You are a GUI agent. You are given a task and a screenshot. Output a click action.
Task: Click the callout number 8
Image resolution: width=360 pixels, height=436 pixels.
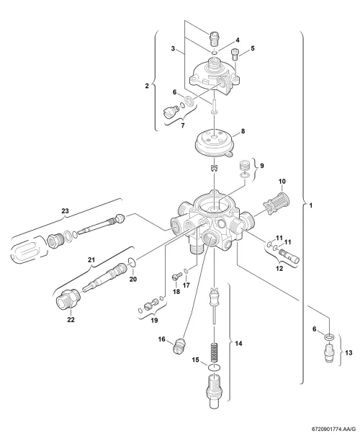coord(243,131)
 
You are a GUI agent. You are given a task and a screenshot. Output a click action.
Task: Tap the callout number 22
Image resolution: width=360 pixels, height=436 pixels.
coord(71,320)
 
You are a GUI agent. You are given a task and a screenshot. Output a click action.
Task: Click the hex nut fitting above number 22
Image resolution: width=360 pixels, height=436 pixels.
coord(68,298)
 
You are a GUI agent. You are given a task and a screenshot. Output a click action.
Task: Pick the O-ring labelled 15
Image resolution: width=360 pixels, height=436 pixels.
coord(214,368)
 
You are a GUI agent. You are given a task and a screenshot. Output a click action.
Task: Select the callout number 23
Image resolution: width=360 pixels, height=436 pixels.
coord(65,211)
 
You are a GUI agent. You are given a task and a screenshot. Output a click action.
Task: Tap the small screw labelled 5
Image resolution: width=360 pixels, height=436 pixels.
coord(234,54)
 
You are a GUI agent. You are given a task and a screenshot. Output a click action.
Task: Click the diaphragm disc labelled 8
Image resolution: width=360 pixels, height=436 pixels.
coord(215,146)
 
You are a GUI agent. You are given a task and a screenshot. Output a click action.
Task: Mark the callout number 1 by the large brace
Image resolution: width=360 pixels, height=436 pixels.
coord(311,205)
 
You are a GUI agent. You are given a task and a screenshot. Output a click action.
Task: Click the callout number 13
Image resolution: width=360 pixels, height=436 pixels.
coord(348,352)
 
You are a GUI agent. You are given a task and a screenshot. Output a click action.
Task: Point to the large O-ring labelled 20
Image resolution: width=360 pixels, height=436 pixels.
coord(132,261)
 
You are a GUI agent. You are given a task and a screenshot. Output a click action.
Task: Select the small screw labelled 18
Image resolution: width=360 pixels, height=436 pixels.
coord(176,276)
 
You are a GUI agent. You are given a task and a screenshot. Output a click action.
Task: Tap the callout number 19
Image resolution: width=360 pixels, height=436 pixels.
coord(155,320)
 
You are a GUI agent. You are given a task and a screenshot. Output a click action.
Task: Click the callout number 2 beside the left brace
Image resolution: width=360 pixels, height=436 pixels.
coord(147,86)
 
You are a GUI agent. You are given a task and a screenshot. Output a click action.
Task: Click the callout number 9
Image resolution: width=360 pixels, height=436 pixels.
coord(261,166)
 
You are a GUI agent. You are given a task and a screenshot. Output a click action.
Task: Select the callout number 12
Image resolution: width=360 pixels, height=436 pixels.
coord(279,269)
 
